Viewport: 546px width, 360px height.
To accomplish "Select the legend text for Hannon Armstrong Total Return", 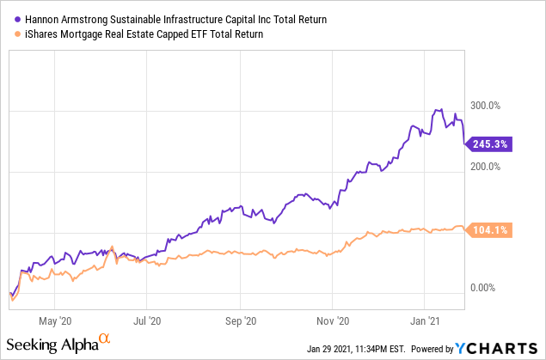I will coord(163,18).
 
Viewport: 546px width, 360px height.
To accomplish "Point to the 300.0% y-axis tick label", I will coord(482,106).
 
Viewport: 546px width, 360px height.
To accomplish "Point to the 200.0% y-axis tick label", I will coord(482,166).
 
